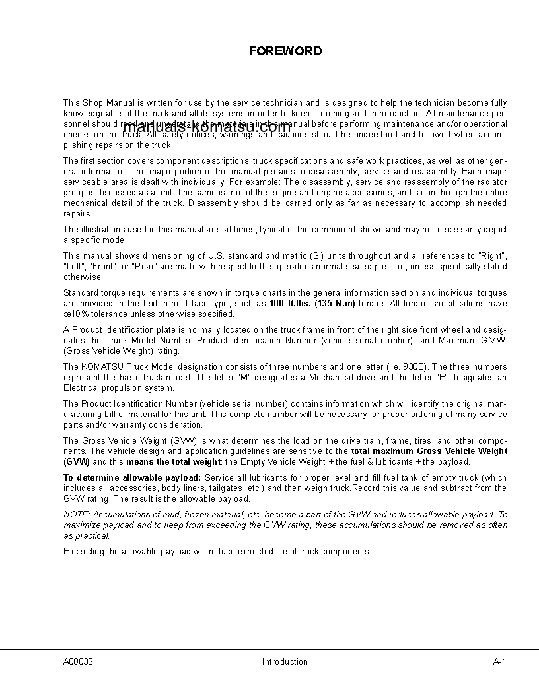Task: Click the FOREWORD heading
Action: (285, 51)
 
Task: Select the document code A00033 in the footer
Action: (78, 661)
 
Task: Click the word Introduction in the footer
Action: (285, 661)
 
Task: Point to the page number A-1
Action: (499, 661)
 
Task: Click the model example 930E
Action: (416, 366)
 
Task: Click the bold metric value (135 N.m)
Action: (335, 304)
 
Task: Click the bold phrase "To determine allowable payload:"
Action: (132, 477)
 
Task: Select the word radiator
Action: (490, 182)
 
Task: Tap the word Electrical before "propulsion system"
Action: (79, 388)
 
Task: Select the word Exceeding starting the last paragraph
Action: (83, 551)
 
